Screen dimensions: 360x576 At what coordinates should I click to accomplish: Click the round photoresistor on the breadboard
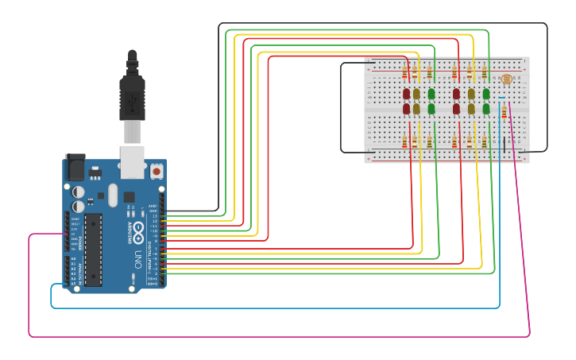pyautogui.click(x=507, y=79)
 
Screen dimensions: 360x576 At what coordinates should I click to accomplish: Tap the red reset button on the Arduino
pyautogui.click(x=157, y=171)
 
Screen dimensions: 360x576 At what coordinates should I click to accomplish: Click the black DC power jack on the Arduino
pyautogui.click(x=75, y=167)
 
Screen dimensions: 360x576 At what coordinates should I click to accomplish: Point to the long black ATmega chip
pyautogui.click(x=93, y=249)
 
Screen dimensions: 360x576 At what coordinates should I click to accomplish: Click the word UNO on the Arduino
pyautogui.click(x=137, y=259)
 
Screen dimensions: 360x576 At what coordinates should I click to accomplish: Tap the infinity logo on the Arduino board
pyautogui.click(x=138, y=232)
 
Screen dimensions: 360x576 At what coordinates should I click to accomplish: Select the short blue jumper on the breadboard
pyautogui.click(x=501, y=98)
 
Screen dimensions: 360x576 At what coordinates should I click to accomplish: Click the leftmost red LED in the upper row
pyautogui.click(x=407, y=94)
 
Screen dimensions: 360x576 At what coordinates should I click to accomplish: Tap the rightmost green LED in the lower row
pyautogui.click(x=486, y=108)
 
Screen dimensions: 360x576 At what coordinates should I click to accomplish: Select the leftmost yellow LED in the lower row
pyautogui.click(x=416, y=108)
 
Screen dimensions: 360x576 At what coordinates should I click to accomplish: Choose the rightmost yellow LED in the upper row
pyautogui.click(x=471, y=94)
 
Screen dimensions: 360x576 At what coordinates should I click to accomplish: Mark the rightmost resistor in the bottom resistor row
pyautogui.click(x=484, y=141)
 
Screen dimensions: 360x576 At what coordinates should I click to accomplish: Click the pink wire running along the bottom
pyautogui.click(x=278, y=336)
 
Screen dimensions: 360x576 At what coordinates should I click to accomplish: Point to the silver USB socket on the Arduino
pyautogui.click(x=131, y=161)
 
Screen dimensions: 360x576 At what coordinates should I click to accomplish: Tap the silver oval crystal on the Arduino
pyautogui.click(x=113, y=195)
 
